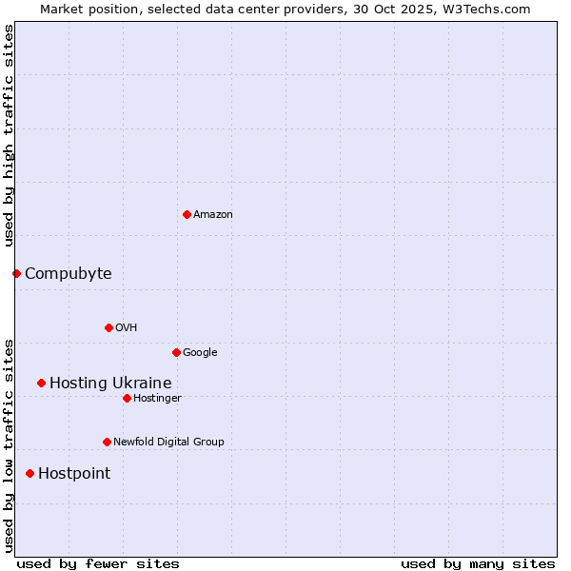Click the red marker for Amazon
pyautogui.click(x=187, y=214)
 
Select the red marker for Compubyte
pyautogui.click(x=16, y=274)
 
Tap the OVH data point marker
pyautogui.click(x=108, y=327)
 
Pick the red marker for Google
pyautogui.click(x=176, y=352)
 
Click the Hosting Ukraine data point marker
pyautogui.click(x=41, y=383)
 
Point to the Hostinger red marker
pyautogui.click(x=127, y=398)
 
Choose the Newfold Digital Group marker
pyautogui.click(x=107, y=442)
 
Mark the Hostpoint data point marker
pyautogui.click(x=30, y=473)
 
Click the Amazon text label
pyautogui.click(x=213, y=215)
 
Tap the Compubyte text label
pyautogui.click(x=68, y=274)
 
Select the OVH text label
pyautogui.click(x=127, y=328)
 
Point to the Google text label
pyautogui.click(x=200, y=353)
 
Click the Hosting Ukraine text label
pyautogui.click(x=110, y=384)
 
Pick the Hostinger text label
pyautogui.click(x=157, y=399)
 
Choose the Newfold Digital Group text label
pyautogui.click(x=168, y=443)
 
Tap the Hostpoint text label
pyautogui.click(x=74, y=474)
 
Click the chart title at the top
pyautogui.click(x=285, y=9)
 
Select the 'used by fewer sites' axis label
pyautogui.click(x=98, y=563)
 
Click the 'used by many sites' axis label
pyautogui.click(x=478, y=563)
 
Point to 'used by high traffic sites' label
pyautogui.click(x=9, y=135)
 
